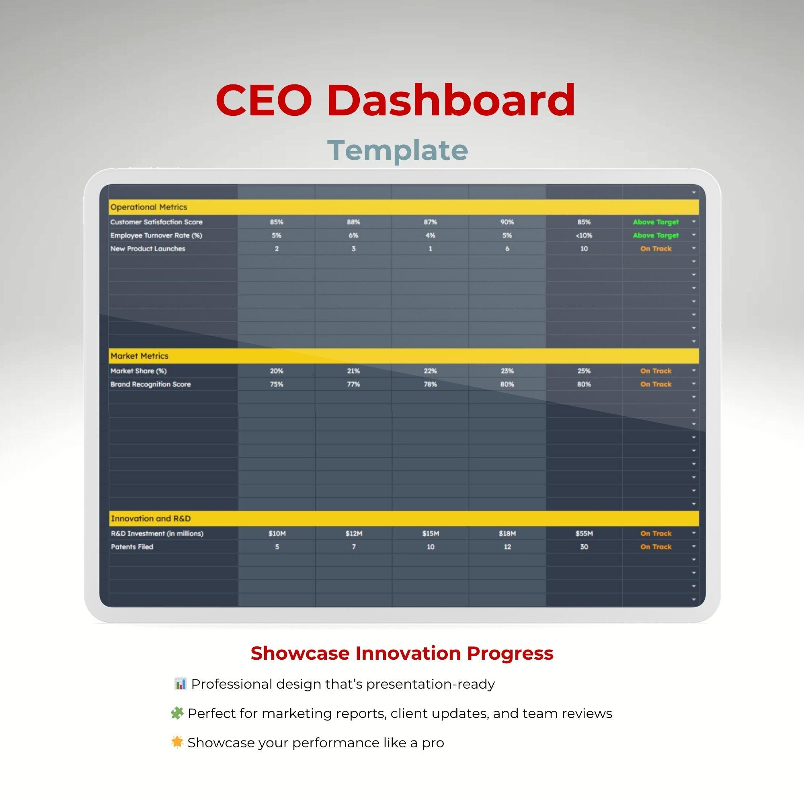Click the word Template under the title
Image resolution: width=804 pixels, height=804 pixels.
coord(398,150)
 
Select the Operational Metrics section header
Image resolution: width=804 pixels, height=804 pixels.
coord(149,207)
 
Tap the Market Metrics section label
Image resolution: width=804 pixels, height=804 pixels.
coord(139,356)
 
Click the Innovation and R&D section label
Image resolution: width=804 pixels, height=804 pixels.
coord(151,519)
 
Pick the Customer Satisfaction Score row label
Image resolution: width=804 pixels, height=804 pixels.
coord(156,222)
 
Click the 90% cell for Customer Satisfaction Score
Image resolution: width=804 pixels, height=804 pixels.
coord(507,222)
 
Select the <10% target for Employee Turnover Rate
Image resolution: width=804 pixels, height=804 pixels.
coord(584,235)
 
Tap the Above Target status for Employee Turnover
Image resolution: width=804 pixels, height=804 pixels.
coord(655,235)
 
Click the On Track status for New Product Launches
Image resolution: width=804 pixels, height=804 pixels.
coord(655,248)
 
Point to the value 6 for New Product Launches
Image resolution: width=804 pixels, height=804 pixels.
coord(507,248)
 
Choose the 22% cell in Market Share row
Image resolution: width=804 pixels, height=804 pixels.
coord(430,371)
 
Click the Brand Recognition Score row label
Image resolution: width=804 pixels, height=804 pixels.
coord(150,384)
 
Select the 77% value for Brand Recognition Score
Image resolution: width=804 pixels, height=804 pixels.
coord(353,384)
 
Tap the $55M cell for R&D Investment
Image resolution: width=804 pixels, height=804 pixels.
coord(584,533)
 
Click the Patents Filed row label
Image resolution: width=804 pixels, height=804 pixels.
coord(132,547)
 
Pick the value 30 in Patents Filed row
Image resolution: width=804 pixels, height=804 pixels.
coord(584,547)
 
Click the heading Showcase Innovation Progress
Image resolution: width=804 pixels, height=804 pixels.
coord(402,653)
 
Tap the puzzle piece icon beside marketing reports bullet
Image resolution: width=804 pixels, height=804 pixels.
coord(177,713)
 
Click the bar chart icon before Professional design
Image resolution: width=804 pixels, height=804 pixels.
coord(180,683)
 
